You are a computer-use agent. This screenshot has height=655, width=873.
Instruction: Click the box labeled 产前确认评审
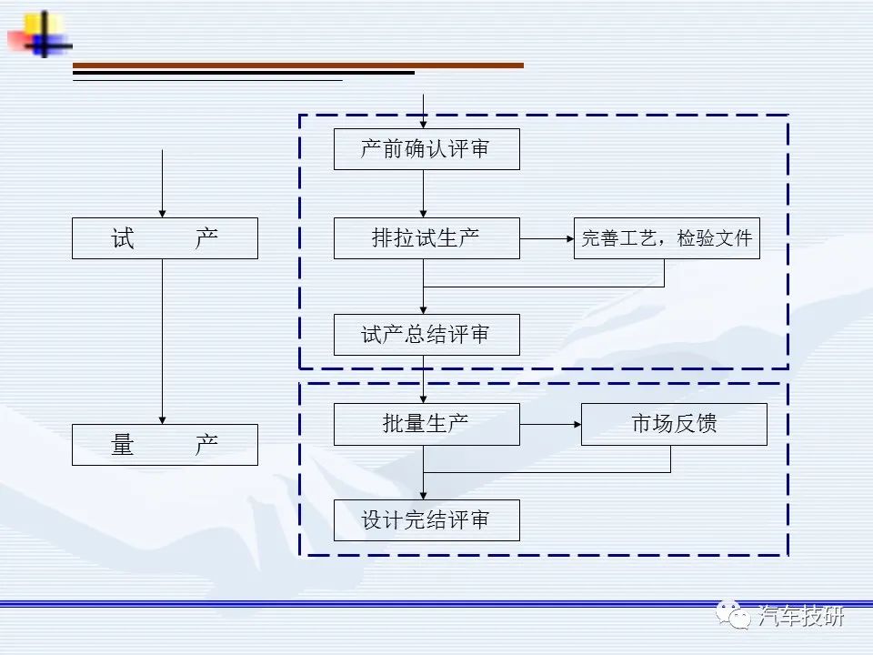(x=426, y=149)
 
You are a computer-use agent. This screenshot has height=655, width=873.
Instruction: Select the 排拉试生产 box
(x=426, y=238)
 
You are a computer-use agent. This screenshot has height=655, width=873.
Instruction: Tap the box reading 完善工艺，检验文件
(x=667, y=238)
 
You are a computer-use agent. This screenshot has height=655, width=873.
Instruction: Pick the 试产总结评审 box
(x=426, y=335)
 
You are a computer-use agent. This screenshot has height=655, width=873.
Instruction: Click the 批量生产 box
(x=426, y=425)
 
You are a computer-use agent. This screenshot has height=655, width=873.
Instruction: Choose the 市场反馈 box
(x=674, y=425)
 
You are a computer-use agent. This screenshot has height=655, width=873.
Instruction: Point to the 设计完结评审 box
(x=426, y=520)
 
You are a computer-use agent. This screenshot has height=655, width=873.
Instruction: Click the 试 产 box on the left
(x=165, y=238)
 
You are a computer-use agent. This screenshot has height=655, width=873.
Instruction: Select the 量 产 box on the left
(x=165, y=445)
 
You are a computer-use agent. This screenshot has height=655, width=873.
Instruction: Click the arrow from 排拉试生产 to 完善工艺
(x=547, y=239)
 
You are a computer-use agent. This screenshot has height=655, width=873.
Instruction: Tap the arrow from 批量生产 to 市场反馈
(x=551, y=425)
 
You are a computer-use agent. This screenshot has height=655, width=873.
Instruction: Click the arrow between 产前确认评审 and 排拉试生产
(x=423, y=194)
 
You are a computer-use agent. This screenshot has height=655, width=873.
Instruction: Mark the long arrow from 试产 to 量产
(x=163, y=341)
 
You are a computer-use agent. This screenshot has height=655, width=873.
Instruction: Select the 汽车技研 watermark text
(x=800, y=616)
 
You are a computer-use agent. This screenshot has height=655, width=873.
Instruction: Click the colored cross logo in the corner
(x=40, y=35)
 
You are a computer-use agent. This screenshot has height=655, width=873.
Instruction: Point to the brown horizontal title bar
(x=298, y=65)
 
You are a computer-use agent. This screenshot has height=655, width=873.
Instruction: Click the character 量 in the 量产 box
(x=123, y=445)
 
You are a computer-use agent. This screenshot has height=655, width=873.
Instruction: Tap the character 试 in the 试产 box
(x=123, y=238)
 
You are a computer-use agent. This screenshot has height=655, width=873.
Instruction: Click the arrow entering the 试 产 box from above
(x=163, y=184)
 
